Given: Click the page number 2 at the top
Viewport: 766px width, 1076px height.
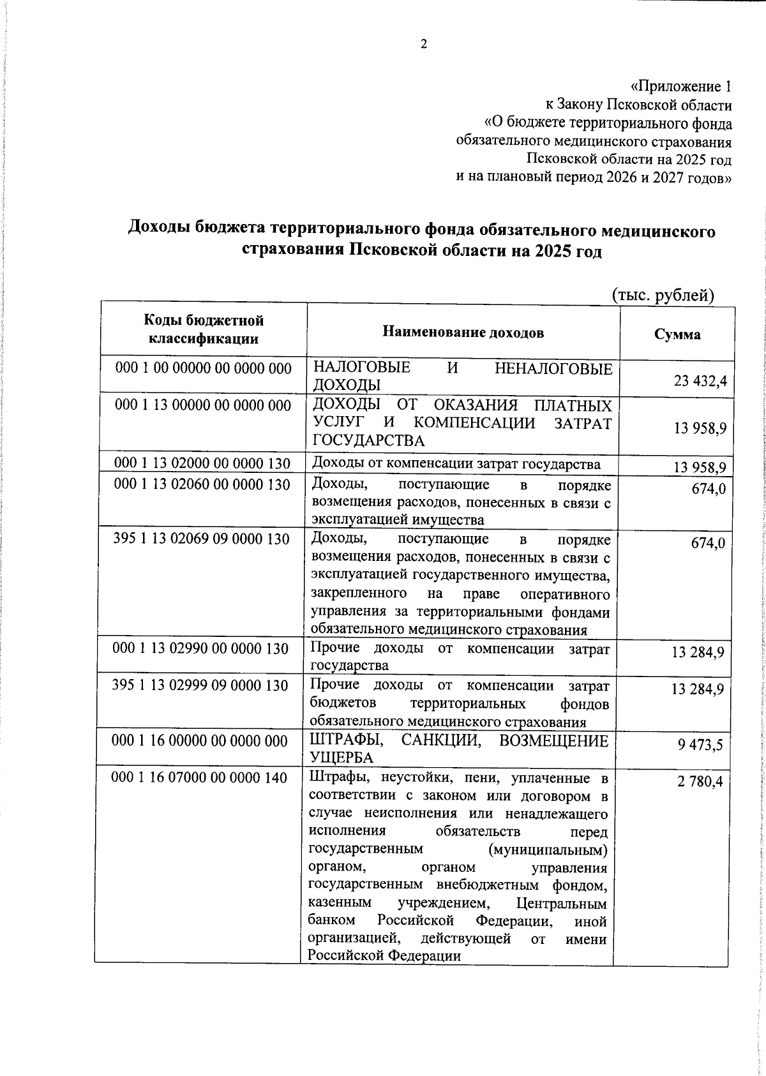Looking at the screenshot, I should coord(423,44).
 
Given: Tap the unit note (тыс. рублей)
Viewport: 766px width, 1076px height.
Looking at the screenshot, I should coord(663,295).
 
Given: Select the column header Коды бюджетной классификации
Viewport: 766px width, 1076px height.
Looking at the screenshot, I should coord(203,329).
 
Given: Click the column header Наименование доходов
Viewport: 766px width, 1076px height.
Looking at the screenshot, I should coord(463,333).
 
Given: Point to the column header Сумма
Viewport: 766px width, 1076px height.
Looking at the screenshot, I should coord(677,334).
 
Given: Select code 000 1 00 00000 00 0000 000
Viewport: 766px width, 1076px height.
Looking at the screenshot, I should coord(203,368).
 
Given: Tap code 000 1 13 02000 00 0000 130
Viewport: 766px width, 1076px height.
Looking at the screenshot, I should coord(202,464).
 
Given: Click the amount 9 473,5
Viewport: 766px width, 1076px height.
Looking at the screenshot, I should coord(700,744).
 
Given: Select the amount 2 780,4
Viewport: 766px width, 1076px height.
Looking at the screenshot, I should coord(700,781).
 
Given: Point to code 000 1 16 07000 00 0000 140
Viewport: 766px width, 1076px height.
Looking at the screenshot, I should coord(199,777).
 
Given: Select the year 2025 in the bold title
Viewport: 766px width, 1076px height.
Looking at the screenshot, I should coord(555,251).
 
